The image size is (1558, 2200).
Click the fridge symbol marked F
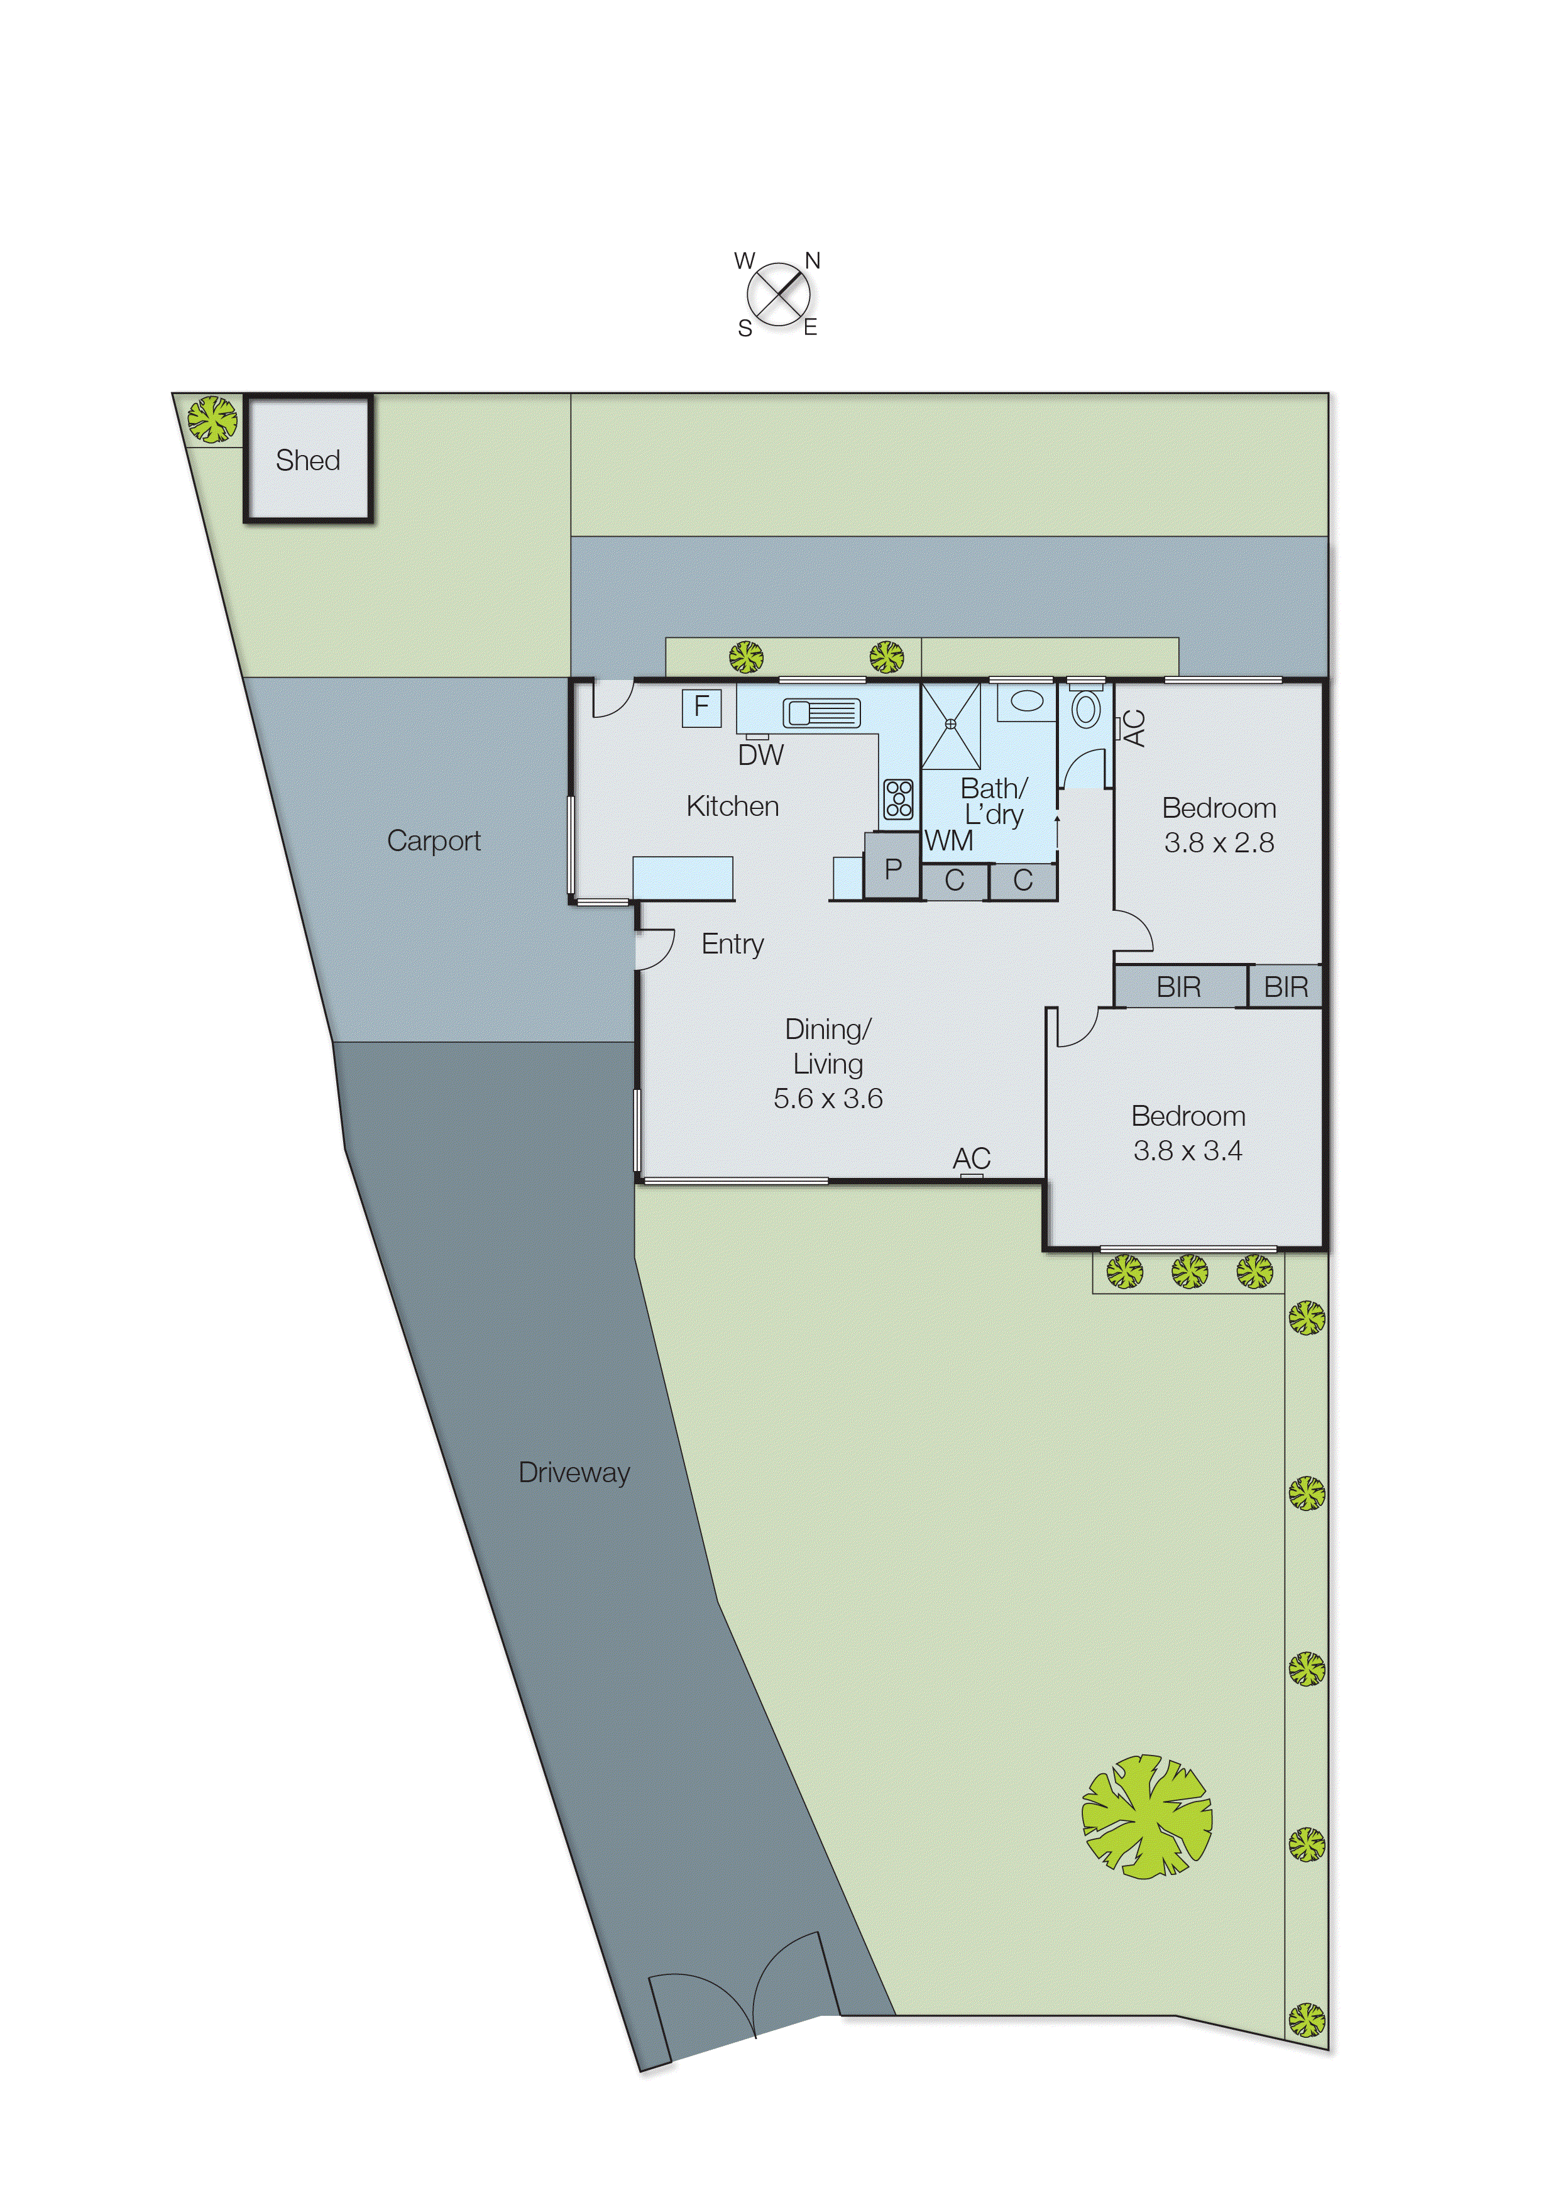point(701,707)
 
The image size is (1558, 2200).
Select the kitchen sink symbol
point(821,713)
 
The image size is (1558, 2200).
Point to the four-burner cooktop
point(898,798)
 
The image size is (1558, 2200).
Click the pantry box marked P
point(892,867)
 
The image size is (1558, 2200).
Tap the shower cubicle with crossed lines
point(951,725)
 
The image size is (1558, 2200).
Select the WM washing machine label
point(948,842)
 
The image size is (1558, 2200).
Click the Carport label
point(434,842)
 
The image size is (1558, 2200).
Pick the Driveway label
point(574,1473)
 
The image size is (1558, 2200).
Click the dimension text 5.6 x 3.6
point(828,1099)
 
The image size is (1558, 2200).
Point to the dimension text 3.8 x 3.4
point(1188,1150)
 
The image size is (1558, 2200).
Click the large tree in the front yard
point(1146,1816)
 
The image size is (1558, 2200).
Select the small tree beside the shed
point(212,419)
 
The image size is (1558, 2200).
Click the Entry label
point(732,944)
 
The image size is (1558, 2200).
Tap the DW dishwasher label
point(760,755)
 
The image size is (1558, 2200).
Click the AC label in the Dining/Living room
point(971,1158)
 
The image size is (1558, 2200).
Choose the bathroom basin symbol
point(1026,701)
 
